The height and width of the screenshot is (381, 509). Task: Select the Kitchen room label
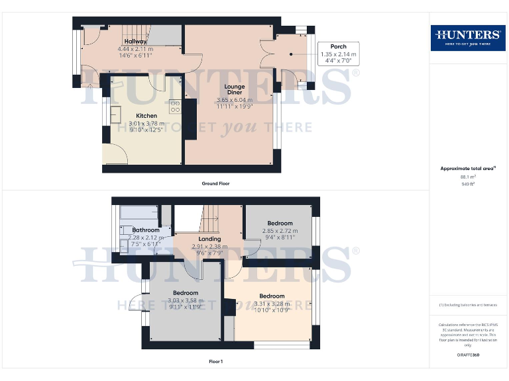pyautogui.click(x=146, y=116)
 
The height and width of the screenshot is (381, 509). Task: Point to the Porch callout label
pyautogui.click(x=338, y=47)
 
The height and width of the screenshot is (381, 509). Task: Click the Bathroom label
pyautogui.click(x=145, y=230)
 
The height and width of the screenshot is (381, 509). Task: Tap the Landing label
pyautogui.click(x=209, y=239)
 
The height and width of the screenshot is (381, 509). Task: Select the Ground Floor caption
pyautogui.click(x=216, y=183)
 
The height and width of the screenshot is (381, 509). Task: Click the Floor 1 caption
pyautogui.click(x=215, y=361)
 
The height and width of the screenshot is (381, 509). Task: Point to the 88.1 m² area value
pyautogui.click(x=468, y=177)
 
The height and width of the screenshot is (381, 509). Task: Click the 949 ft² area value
pyautogui.click(x=468, y=184)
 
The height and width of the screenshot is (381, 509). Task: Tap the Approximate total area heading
pyautogui.click(x=467, y=169)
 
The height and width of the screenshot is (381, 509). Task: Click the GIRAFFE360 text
pyautogui.click(x=468, y=355)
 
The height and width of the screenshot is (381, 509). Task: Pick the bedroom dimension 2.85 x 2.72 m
pyautogui.click(x=280, y=231)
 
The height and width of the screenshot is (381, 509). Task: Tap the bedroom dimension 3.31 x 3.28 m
pyautogui.click(x=272, y=304)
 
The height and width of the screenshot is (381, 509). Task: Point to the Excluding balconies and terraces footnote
pyautogui.click(x=467, y=304)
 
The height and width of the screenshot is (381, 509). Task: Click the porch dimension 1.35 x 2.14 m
pyautogui.click(x=338, y=54)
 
